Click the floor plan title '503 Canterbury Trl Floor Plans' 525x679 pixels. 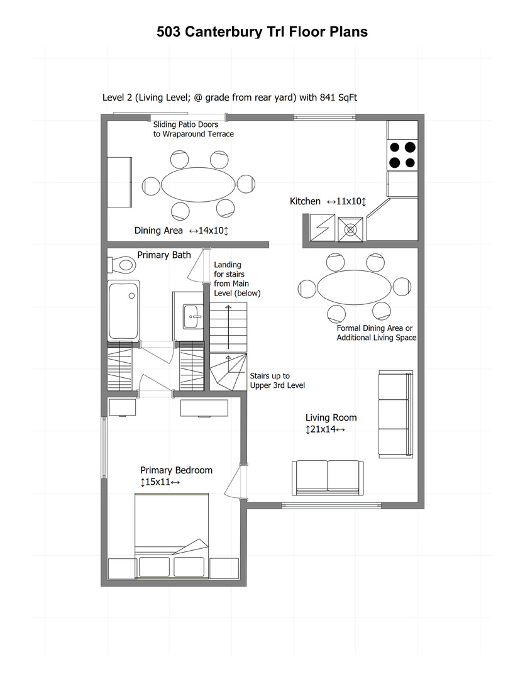click(x=262, y=32)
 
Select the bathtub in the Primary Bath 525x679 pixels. click(x=124, y=311)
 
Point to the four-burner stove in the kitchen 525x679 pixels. click(x=402, y=155)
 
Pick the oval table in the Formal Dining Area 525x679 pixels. click(x=353, y=287)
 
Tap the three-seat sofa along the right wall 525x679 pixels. click(x=395, y=414)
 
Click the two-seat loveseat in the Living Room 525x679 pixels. click(x=327, y=477)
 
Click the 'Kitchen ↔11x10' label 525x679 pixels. click(x=328, y=201)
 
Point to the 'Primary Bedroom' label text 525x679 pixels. click(x=176, y=470)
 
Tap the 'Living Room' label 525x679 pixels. click(x=331, y=417)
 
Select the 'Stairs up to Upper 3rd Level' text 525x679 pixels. click(x=277, y=380)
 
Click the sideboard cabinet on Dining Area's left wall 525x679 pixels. click(x=119, y=183)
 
